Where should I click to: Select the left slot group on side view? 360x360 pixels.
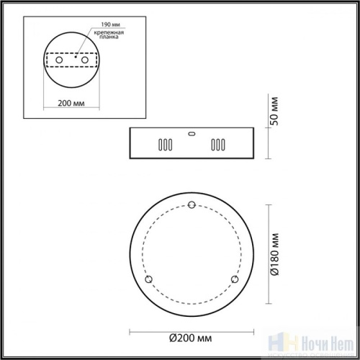(x=165, y=144)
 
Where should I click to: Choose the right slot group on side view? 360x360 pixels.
(x=216, y=144)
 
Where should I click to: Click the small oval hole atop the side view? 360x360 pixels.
(x=191, y=132)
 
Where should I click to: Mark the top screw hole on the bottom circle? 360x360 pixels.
(x=191, y=207)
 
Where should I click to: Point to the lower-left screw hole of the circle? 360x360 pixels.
(x=148, y=279)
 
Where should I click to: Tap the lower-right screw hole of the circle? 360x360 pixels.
(x=233, y=279)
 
